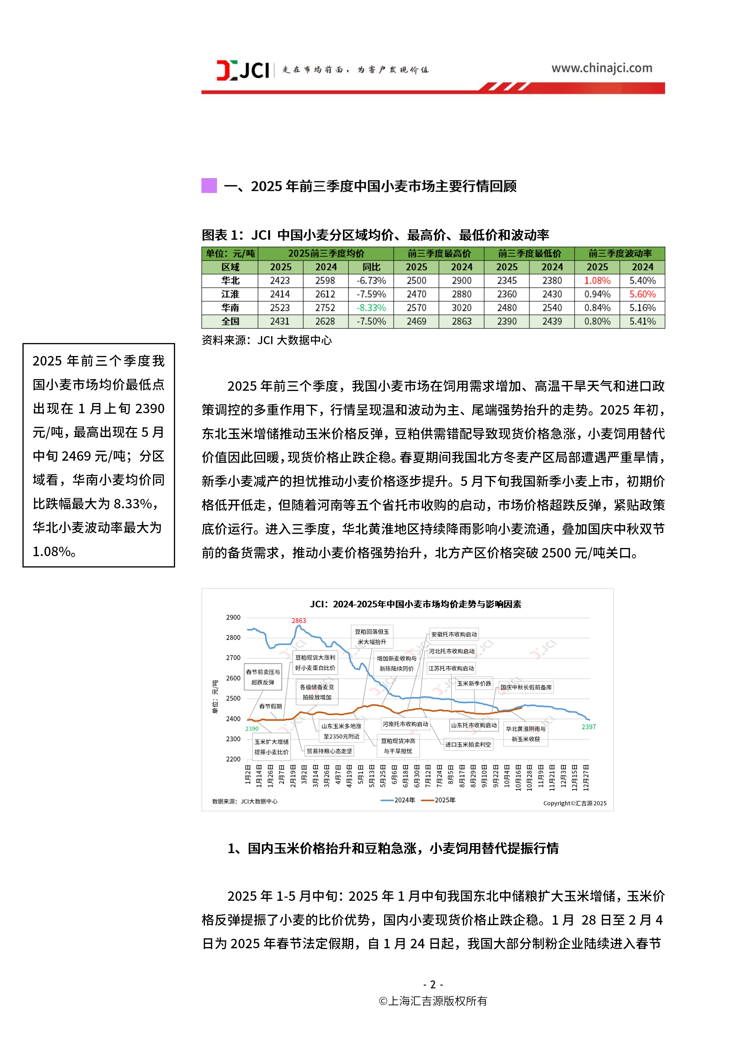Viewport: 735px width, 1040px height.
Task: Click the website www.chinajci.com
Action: (x=601, y=68)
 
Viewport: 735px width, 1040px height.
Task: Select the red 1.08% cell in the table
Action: (x=597, y=281)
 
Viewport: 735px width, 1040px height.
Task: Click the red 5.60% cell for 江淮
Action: (x=642, y=294)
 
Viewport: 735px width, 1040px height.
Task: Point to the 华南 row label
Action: (x=230, y=308)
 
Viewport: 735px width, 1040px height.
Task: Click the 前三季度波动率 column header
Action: (x=619, y=254)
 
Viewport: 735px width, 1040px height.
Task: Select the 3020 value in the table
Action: (x=462, y=308)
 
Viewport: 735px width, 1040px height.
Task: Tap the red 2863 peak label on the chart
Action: (x=298, y=621)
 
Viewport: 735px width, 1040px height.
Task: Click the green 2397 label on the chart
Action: (x=588, y=727)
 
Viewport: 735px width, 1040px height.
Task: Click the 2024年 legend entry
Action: (x=399, y=800)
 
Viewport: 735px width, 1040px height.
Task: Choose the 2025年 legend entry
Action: (x=439, y=800)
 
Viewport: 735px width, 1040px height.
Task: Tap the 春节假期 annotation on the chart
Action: (x=270, y=706)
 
